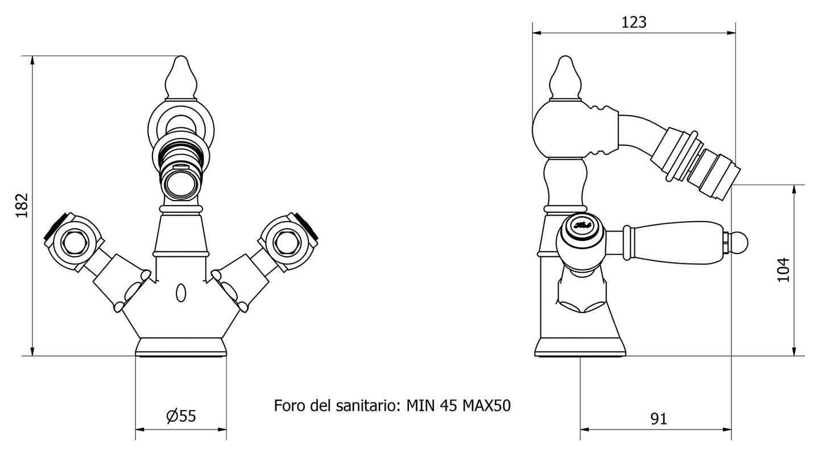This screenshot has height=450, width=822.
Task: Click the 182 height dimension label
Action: click(21, 205)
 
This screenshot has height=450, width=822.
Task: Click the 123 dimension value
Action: click(634, 22)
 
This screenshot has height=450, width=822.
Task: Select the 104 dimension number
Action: click(784, 270)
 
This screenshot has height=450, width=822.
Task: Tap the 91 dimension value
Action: click(658, 419)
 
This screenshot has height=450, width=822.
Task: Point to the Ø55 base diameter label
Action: click(181, 416)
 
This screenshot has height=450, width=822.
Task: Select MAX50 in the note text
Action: click(486, 406)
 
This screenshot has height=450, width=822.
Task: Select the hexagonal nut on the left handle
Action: click(72, 243)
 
